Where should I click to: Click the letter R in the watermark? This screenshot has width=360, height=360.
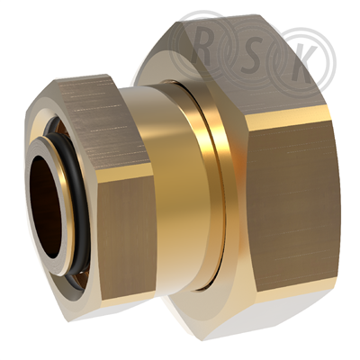[x=202, y=48]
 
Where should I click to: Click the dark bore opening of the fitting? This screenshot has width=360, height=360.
[x=47, y=206]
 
